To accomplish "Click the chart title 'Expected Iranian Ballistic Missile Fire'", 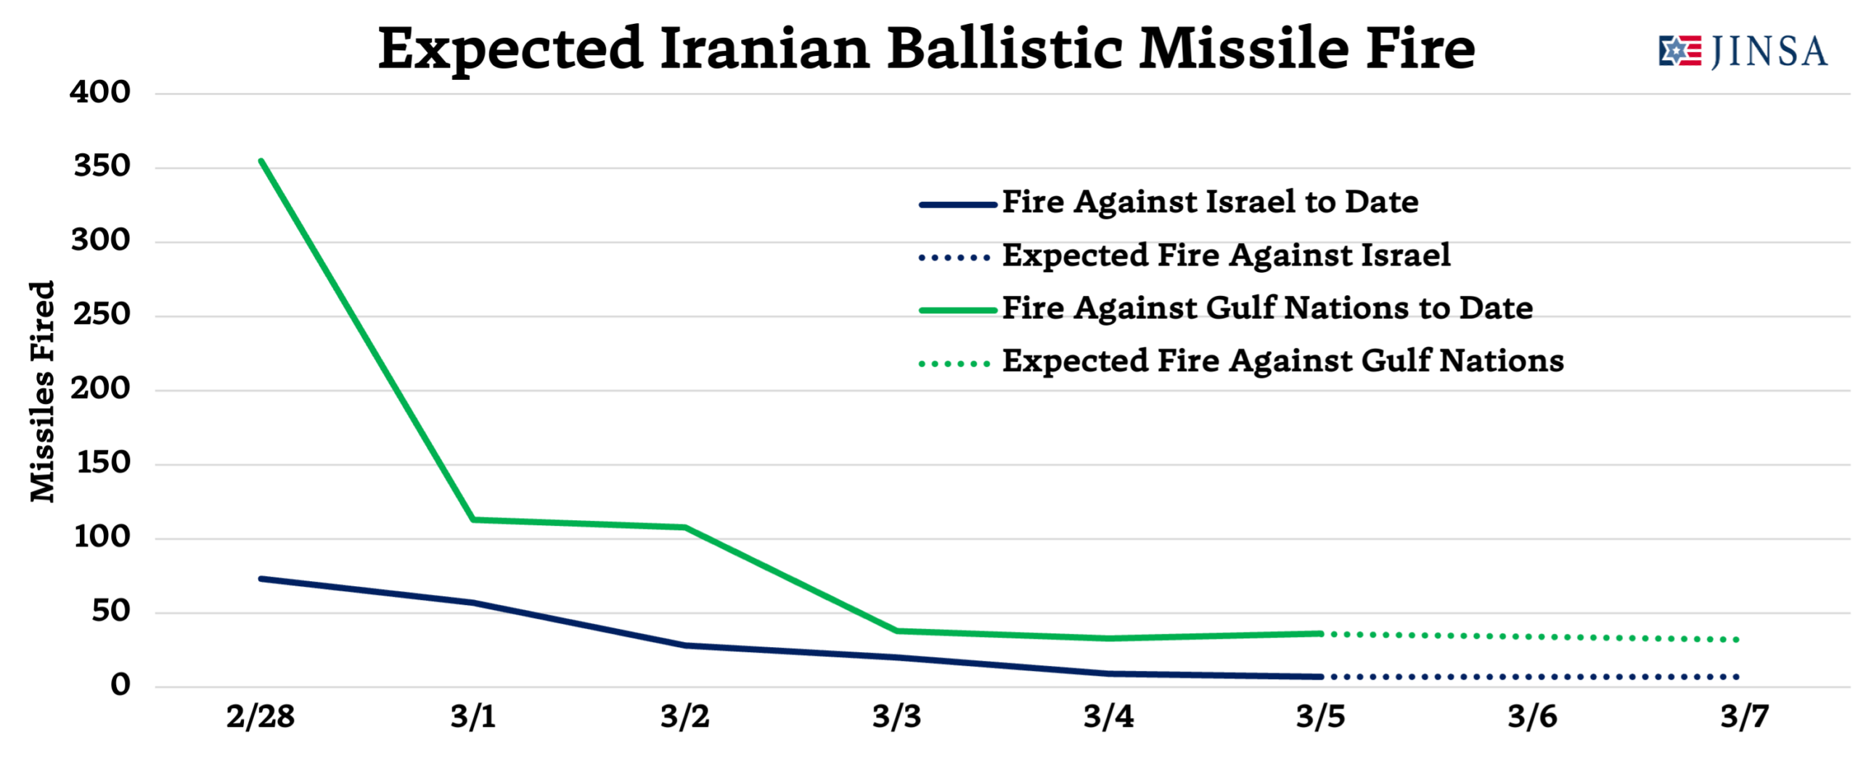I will click(926, 49).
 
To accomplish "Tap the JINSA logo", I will click(1743, 52).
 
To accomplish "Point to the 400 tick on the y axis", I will click(100, 92).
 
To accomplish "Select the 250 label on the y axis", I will click(102, 315).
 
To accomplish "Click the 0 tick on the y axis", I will click(120, 685).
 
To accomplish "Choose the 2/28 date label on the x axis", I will click(261, 717).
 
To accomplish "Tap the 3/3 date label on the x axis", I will click(896, 717).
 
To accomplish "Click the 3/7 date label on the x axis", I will click(1744, 717).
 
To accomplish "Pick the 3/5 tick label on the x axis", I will click(1320, 717).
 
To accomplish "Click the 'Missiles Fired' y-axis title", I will click(42, 391).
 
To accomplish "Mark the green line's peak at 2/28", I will click(261, 161).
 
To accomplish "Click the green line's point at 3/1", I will click(473, 519).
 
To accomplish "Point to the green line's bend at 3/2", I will click(685, 527).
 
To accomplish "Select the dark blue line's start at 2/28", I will click(261, 579).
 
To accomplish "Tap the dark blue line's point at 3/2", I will click(685, 645).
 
